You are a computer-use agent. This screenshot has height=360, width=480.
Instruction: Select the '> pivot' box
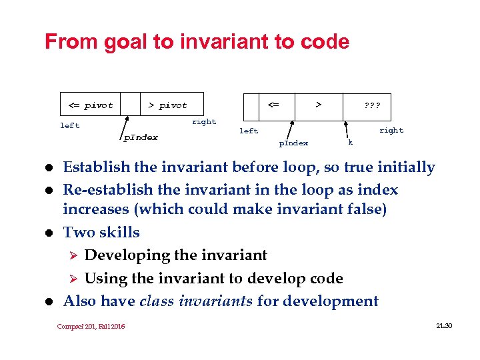[x=167, y=105]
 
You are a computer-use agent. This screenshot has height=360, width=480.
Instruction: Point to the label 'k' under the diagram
[x=351, y=142]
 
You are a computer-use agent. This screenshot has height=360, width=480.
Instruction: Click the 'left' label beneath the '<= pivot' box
[x=69, y=125]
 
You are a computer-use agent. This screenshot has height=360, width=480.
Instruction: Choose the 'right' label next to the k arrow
[x=391, y=131]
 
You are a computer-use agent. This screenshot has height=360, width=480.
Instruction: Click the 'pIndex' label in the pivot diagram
[x=141, y=137]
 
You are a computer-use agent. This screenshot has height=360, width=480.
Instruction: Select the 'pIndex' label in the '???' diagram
[x=293, y=143]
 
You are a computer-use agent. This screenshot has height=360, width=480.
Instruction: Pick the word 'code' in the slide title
[x=325, y=42]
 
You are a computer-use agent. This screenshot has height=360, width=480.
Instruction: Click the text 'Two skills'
[x=101, y=232]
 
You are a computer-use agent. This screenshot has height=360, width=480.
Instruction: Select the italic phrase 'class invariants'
[x=196, y=301]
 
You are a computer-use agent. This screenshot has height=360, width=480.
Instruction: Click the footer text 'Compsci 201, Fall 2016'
[x=91, y=326]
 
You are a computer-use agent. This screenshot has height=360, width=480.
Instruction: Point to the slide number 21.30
[x=443, y=325]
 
